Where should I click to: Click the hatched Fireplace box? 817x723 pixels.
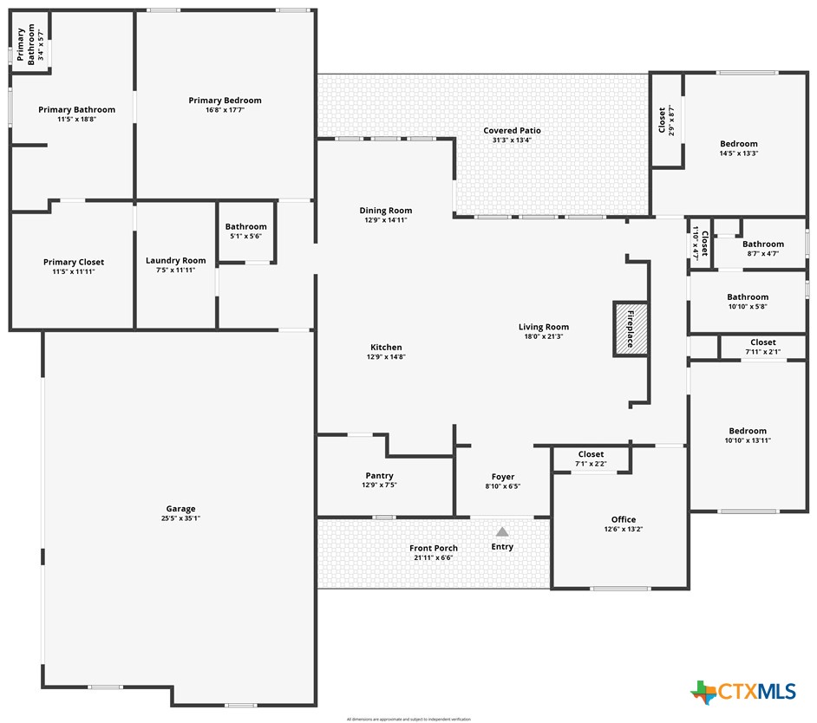pyautogui.click(x=631, y=328)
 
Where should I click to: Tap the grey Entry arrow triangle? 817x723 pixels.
pyautogui.click(x=502, y=531)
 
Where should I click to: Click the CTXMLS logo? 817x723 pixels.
pyautogui.click(x=743, y=691)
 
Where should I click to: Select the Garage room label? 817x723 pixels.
pyautogui.click(x=181, y=509)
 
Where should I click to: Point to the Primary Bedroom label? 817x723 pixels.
pyautogui.click(x=225, y=101)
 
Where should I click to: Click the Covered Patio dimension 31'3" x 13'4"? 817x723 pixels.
pyautogui.click(x=512, y=140)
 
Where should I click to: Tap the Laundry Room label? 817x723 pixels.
pyautogui.click(x=176, y=260)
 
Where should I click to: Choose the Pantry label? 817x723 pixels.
pyautogui.click(x=379, y=475)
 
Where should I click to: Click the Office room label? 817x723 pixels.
pyautogui.click(x=623, y=519)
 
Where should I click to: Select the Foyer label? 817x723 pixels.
pyautogui.click(x=503, y=477)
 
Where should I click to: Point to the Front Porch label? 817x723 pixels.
pyautogui.click(x=434, y=548)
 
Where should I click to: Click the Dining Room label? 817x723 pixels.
pyautogui.click(x=386, y=211)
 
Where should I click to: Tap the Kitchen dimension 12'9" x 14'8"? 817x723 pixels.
pyautogui.click(x=386, y=357)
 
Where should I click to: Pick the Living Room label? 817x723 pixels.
pyautogui.click(x=544, y=327)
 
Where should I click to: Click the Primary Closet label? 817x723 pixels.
pyautogui.click(x=74, y=262)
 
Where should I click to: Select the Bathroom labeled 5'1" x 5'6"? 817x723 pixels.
pyautogui.click(x=245, y=231)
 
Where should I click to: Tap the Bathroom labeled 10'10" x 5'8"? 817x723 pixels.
pyautogui.click(x=748, y=301)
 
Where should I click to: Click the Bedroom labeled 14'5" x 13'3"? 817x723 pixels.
pyautogui.click(x=739, y=148)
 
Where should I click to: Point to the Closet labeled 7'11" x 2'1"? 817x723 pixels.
pyautogui.click(x=763, y=347)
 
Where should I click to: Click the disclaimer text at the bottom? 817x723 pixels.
pyautogui.click(x=408, y=719)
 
